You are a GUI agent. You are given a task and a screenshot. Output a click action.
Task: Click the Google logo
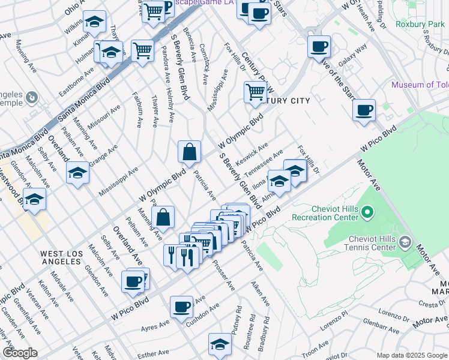coord(19,353)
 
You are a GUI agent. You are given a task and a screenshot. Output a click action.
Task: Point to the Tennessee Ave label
coord(267,163)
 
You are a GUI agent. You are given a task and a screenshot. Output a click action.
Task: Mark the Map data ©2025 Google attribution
coord(411,355)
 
